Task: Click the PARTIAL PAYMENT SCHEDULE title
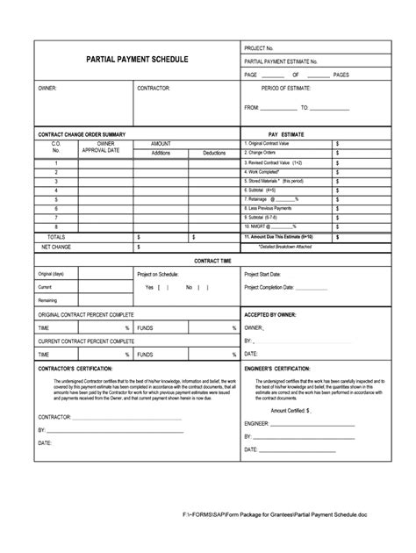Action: tap(136, 60)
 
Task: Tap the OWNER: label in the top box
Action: tap(47, 89)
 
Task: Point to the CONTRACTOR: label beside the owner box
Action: tap(154, 89)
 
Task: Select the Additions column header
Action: tap(161, 153)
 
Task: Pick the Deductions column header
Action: tap(213, 153)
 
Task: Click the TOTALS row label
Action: tap(55, 237)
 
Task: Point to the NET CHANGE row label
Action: tap(56, 248)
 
